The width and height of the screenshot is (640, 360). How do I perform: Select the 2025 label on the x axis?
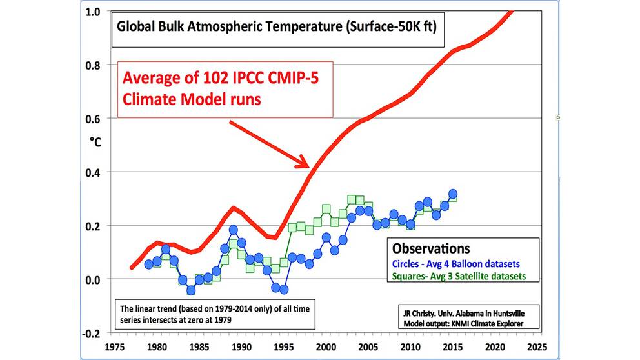[535, 346]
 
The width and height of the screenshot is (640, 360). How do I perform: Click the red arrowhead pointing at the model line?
[305, 163]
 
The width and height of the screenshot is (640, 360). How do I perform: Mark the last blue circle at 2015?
[453, 194]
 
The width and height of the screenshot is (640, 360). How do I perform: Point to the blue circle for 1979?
[149, 264]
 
